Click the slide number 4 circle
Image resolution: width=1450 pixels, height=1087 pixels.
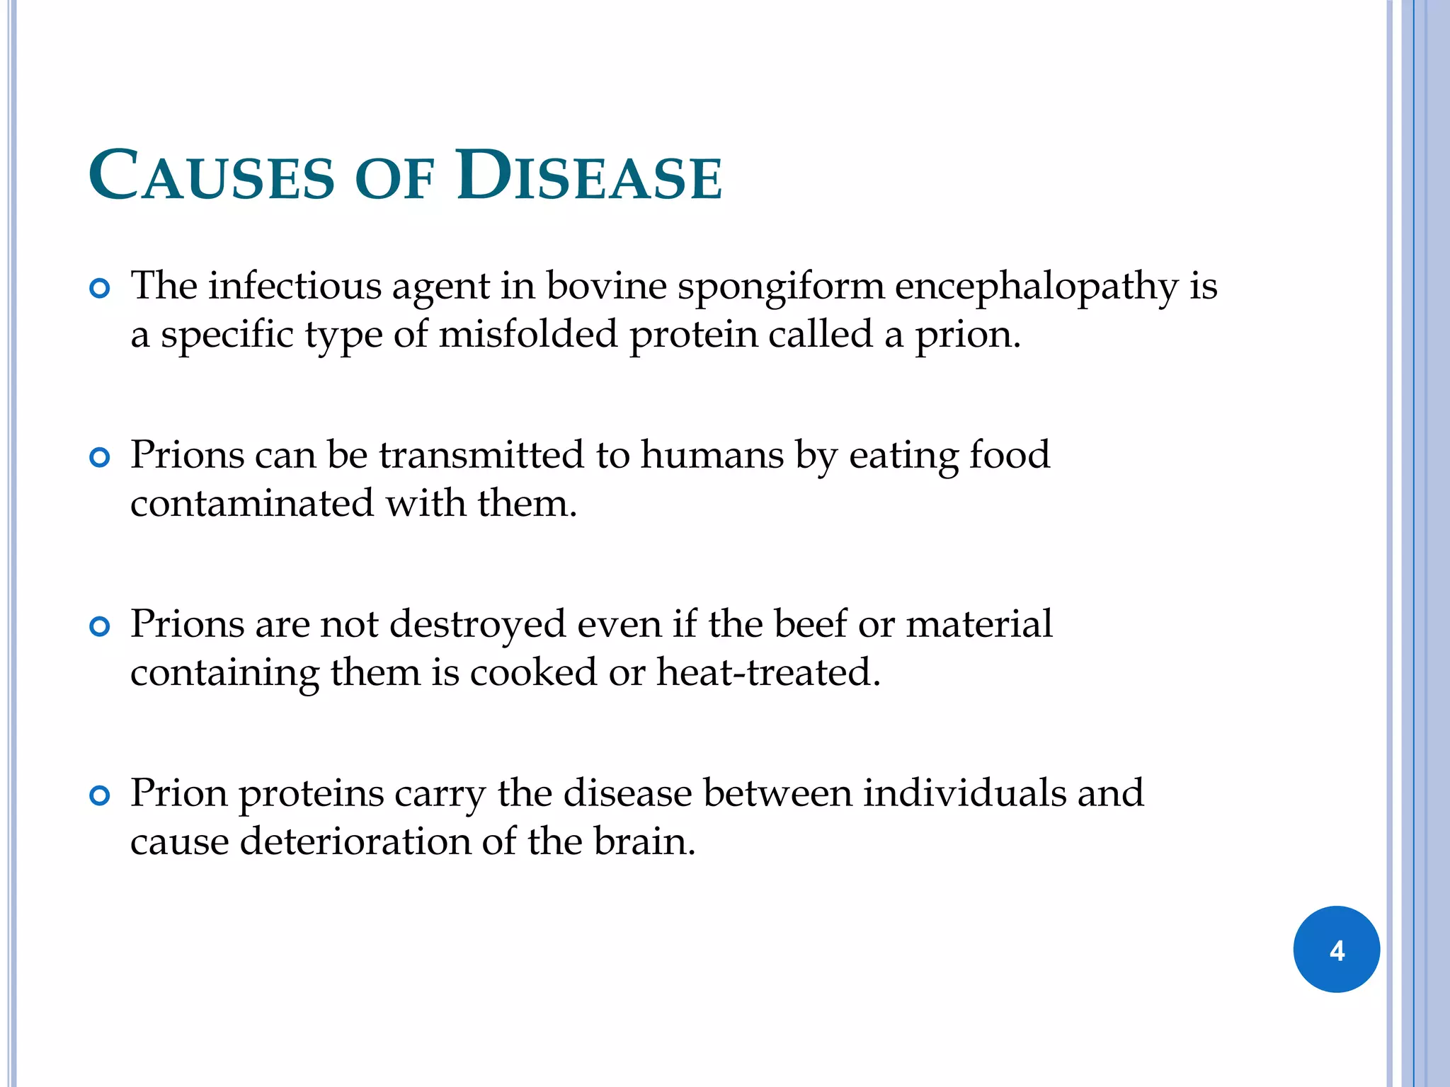(x=1336, y=949)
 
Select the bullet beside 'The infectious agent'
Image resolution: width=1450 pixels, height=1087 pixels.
(x=101, y=289)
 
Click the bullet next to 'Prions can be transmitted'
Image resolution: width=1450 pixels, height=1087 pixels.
(x=101, y=458)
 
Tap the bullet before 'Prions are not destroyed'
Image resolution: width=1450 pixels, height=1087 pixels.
(x=101, y=627)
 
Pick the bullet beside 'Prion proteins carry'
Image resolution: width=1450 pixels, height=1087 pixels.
(x=101, y=796)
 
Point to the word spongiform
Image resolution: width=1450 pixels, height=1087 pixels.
(x=781, y=287)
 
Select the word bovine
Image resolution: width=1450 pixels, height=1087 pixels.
(x=606, y=286)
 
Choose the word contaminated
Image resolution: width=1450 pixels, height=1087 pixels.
(x=252, y=504)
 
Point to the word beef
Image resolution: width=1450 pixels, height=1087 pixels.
(x=810, y=624)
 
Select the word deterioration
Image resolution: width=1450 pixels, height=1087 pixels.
(x=355, y=841)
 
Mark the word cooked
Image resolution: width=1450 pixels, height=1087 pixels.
(x=533, y=672)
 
